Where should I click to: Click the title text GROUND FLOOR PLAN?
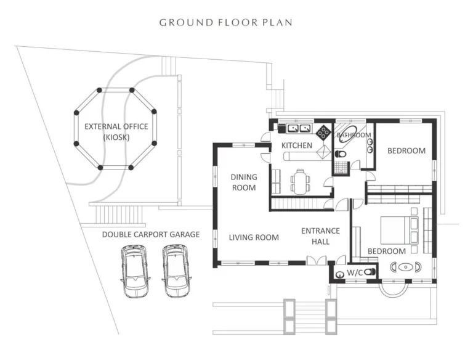pos(226,23)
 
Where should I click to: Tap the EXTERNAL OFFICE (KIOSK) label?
pos(116,131)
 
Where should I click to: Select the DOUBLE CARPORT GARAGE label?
pos(151,234)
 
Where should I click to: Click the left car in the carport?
pos(135,270)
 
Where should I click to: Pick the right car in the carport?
pos(176,270)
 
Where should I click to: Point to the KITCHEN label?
pos(297,145)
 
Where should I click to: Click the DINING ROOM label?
pos(244,182)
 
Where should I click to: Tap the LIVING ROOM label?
pos(254,237)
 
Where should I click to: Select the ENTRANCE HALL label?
pos(320,236)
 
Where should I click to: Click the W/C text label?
pos(355,272)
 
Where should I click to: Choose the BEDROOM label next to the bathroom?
pos(406,150)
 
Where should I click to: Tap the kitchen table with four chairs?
pos(300,181)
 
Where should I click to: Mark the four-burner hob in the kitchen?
pos(323,131)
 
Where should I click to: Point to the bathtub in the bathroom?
pos(343,137)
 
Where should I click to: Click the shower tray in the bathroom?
pos(339,165)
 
